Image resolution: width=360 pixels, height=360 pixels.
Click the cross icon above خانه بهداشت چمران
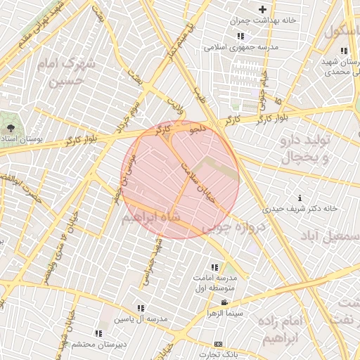coord(263,9)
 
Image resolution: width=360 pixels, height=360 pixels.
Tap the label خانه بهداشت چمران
coord(268,20)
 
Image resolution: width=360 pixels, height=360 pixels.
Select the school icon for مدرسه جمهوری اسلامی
coord(240,36)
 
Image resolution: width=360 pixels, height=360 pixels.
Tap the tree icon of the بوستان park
coord(11,128)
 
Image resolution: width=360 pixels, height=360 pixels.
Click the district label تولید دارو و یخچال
coord(304,149)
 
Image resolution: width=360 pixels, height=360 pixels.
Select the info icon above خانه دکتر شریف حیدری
coord(301,198)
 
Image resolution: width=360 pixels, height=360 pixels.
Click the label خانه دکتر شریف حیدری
coord(300,209)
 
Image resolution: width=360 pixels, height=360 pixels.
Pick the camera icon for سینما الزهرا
coord(224,302)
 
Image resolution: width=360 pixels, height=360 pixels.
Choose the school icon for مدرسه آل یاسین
coord(141,308)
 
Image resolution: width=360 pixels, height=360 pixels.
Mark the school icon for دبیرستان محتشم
coord(98,333)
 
